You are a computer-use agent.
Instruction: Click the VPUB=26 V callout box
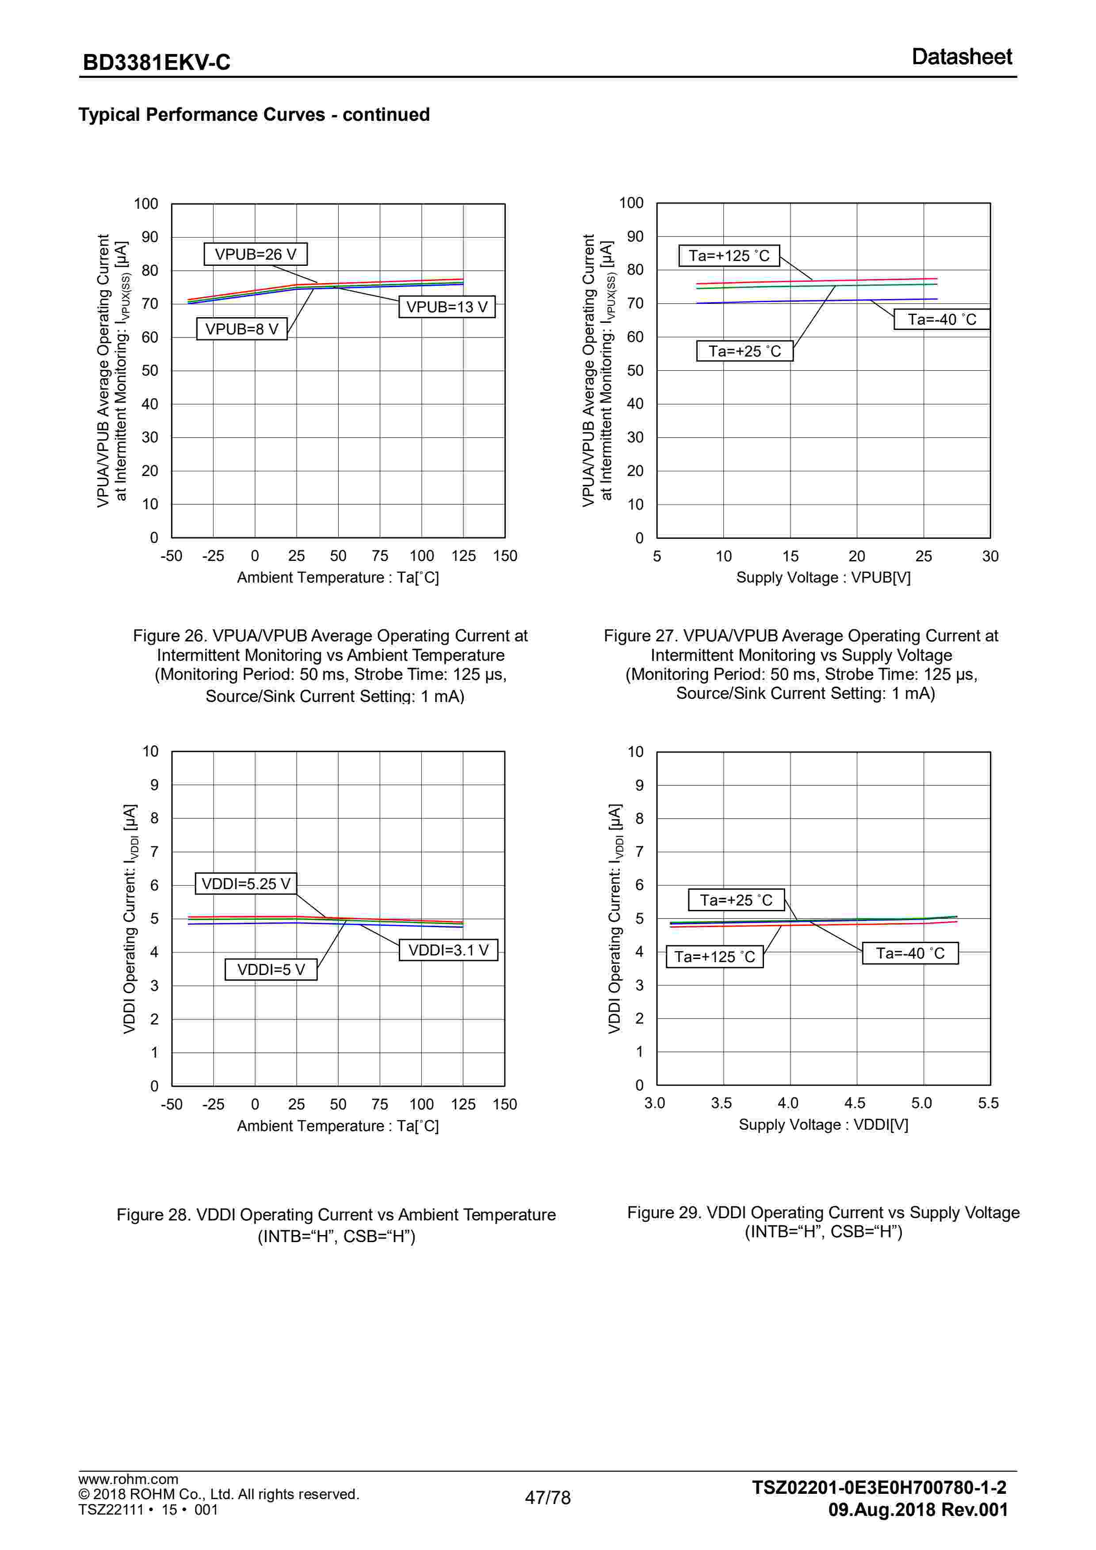point(255,254)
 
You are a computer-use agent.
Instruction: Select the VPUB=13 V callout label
point(447,307)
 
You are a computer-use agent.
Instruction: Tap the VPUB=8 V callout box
point(241,330)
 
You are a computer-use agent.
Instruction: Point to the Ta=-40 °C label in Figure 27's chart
point(941,319)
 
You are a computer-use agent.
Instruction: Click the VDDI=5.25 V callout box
point(246,884)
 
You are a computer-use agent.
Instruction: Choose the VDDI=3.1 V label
point(448,950)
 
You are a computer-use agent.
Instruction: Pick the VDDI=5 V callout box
point(271,970)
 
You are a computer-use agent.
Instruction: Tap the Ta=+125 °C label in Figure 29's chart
point(714,957)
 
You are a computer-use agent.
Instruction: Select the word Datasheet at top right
point(961,57)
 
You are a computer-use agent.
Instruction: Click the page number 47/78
point(547,1498)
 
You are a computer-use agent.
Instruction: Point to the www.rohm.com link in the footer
point(128,1479)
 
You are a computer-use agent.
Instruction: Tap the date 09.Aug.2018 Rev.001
point(918,1509)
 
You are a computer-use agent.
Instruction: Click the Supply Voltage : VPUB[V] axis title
point(823,578)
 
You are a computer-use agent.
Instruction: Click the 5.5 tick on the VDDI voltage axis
point(988,1103)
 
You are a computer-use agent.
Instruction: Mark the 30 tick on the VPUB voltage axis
point(990,556)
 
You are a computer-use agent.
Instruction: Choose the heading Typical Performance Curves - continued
point(254,115)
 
